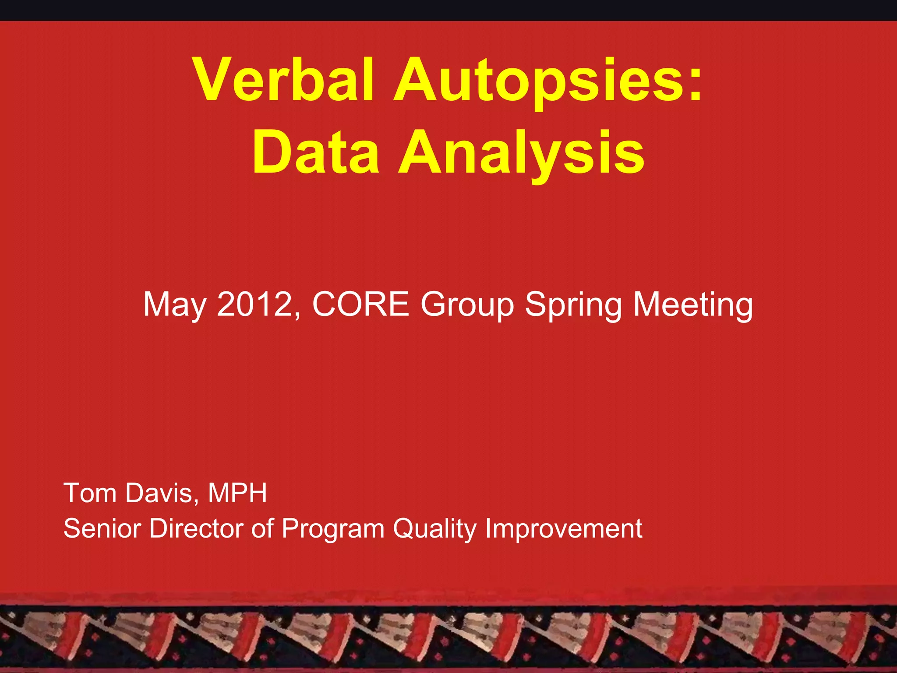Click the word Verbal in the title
[284, 80]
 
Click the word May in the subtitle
[174, 305]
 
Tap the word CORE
[360, 304]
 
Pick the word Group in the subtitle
[467, 305]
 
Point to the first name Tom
[89, 493]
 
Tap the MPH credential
[237, 493]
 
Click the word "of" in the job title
[262, 528]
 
